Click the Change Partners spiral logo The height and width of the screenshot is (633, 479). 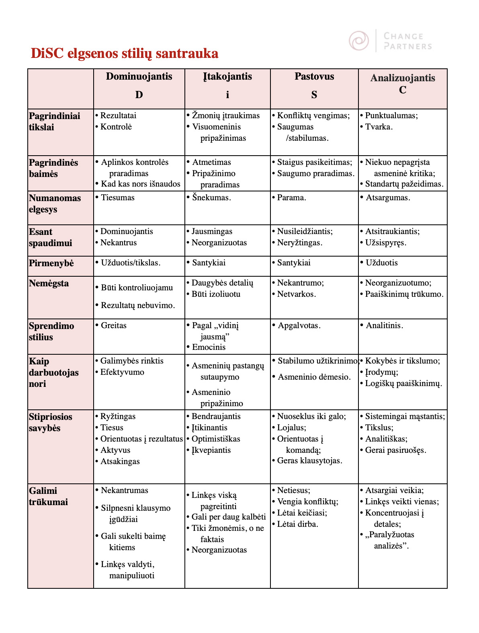pyautogui.click(x=358, y=41)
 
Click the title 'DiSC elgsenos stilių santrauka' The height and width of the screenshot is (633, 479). pyautogui.click(x=125, y=53)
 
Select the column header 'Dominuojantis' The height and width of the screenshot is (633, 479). pyautogui.click(x=139, y=77)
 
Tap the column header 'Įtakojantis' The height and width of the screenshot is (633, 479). pyautogui.click(x=227, y=77)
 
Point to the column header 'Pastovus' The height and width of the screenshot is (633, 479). pyautogui.click(x=314, y=77)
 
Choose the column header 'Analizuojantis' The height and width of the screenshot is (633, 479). pyautogui.click(x=403, y=78)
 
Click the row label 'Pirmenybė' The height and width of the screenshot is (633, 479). pyautogui.click(x=51, y=263)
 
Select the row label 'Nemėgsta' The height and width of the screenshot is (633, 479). pyautogui.click(x=49, y=284)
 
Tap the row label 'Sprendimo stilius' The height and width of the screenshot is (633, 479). pyautogui.click(x=51, y=331)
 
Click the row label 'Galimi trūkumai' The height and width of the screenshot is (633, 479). pyautogui.click(x=48, y=496)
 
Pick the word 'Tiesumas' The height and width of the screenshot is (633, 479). pyautogui.click(x=118, y=197)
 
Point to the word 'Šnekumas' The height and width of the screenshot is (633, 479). pyautogui.click(x=211, y=197)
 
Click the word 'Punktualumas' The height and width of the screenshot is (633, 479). pyautogui.click(x=390, y=116)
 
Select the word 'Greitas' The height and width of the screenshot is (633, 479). pyautogui.click(x=113, y=325)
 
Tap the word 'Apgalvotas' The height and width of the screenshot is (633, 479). pyautogui.click(x=299, y=325)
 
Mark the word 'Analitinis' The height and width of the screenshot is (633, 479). pyautogui.click(x=384, y=325)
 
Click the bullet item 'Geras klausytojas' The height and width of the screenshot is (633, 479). pyautogui.click(x=309, y=461)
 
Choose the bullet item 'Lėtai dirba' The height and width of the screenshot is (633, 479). pyautogui.click(x=297, y=524)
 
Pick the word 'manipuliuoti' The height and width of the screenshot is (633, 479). pyautogui.click(x=132, y=576)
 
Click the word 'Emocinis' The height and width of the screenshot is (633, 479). pyautogui.click(x=209, y=347)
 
